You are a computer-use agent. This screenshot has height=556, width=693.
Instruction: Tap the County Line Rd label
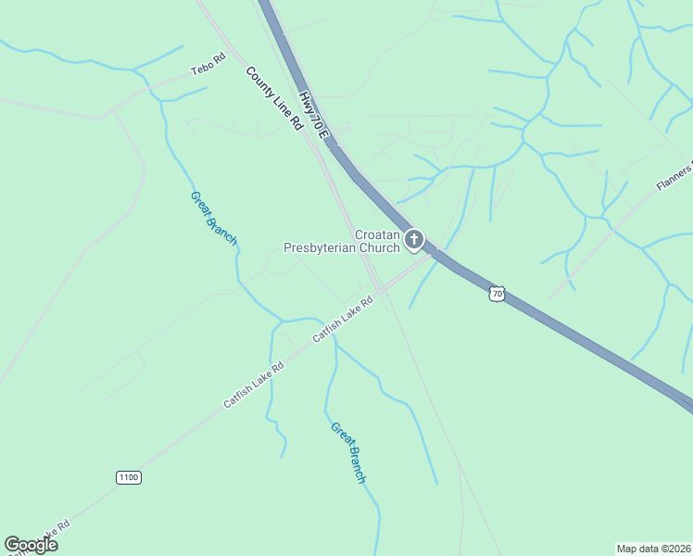[275, 97]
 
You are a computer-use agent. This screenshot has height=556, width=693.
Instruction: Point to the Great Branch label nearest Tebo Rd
[214, 219]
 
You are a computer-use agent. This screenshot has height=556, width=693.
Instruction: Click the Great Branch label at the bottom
[348, 452]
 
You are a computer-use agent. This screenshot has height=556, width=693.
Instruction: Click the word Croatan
[377, 235]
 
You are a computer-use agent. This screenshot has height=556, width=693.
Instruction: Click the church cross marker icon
[414, 240]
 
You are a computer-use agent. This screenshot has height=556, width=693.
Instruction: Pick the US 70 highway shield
[498, 294]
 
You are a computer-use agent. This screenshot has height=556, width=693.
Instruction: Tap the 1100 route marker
[129, 477]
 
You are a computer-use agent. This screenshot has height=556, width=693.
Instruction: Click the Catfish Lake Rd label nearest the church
[342, 319]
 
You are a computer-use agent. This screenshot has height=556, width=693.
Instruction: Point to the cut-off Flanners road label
[674, 177]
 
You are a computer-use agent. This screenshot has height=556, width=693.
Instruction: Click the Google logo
[31, 545]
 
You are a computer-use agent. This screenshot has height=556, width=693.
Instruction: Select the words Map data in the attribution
[637, 549]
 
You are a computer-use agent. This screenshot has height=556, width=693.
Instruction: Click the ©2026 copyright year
[674, 549]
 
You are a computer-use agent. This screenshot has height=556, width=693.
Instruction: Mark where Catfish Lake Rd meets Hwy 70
[435, 254]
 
